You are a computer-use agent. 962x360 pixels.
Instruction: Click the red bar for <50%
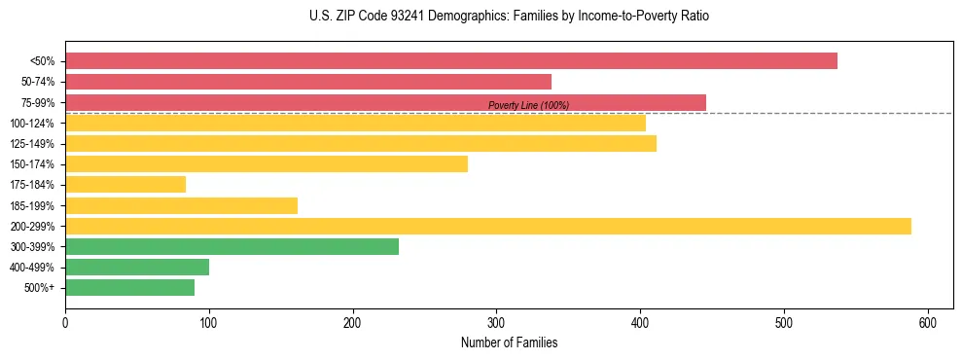pyautogui.click(x=451, y=61)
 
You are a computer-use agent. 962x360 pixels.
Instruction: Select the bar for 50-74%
pyautogui.click(x=308, y=82)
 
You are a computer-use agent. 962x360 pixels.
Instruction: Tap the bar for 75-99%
pyautogui.click(x=385, y=102)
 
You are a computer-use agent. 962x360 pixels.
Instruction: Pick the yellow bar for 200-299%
pyautogui.click(x=488, y=226)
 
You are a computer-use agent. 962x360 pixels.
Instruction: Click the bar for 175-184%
pyautogui.click(x=125, y=185)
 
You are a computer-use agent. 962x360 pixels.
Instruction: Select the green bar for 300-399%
pyautogui.click(x=232, y=246)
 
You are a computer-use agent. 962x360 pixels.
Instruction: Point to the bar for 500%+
pyautogui.click(x=129, y=288)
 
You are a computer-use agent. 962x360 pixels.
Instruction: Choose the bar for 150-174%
pyautogui.click(x=267, y=164)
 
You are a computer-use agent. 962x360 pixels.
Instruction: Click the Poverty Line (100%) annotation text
pyautogui.click(x=528, y=105)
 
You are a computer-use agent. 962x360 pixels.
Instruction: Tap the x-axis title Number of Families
pyautogui.click(x=509, y=342)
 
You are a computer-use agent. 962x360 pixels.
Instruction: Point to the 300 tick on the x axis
pyautogui.click(x=496, y=323)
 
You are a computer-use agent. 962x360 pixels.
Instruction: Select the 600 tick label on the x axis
pyautogui.click(x=927, y=323)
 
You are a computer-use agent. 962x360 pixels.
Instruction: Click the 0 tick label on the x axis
pyautogui.click(x=65, y=323)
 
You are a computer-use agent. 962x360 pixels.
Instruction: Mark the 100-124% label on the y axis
pyautogui.click(x=32, y=124)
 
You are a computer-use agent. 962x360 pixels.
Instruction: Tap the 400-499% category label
pyautogui.click(x=32, y=268)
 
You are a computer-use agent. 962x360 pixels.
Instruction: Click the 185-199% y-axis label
pyautogui.click(x=32, y=205)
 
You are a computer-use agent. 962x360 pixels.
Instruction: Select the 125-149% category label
pyautogui.click(x=32, y=144)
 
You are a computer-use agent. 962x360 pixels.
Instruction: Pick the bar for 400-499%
pyautogui.click(x=137, y=267)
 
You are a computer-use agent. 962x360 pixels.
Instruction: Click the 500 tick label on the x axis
pyautogui.click(x=783, y=323)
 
